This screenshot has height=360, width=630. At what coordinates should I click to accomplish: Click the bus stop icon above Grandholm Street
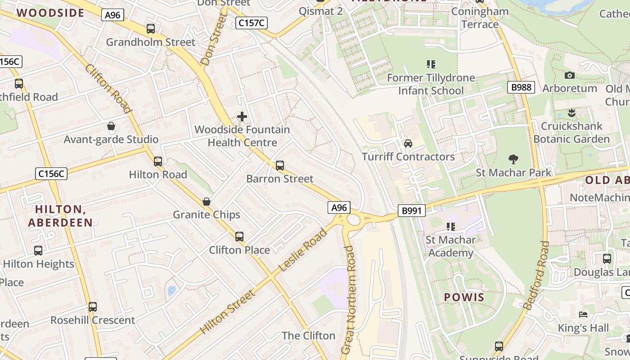point(151,29)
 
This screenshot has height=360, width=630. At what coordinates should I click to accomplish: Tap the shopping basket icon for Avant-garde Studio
point(111,126)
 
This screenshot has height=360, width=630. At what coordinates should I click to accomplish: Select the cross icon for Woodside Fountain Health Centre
point(242,117)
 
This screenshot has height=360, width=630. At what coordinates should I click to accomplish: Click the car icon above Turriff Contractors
point(408,144)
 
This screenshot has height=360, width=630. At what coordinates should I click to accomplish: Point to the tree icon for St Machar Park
point(513,159)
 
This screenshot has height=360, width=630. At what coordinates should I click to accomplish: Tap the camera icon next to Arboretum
point(569,75)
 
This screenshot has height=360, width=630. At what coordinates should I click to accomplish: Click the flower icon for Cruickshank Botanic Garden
point(571,112)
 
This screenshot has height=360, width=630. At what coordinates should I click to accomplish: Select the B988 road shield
point(521,87)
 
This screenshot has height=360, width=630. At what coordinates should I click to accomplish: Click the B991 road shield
point(411,210)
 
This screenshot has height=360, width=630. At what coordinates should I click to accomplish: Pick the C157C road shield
point(252,23)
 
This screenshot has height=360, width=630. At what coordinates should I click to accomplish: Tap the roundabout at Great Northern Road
point(354,220)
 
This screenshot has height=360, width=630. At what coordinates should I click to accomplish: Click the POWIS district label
point(464,297)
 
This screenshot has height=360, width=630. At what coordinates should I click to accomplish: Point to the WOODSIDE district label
point(50,13)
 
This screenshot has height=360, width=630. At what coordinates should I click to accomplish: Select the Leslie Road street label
point(303,250)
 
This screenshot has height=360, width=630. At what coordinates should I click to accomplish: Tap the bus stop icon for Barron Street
point(280,166)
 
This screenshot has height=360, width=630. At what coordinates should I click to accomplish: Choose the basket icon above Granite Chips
point(207,202)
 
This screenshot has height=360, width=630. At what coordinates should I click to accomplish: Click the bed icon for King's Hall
point(584,314)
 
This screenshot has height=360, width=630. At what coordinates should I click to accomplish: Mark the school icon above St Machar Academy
point(450,226)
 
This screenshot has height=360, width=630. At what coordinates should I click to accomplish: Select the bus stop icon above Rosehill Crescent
point(93,307)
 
